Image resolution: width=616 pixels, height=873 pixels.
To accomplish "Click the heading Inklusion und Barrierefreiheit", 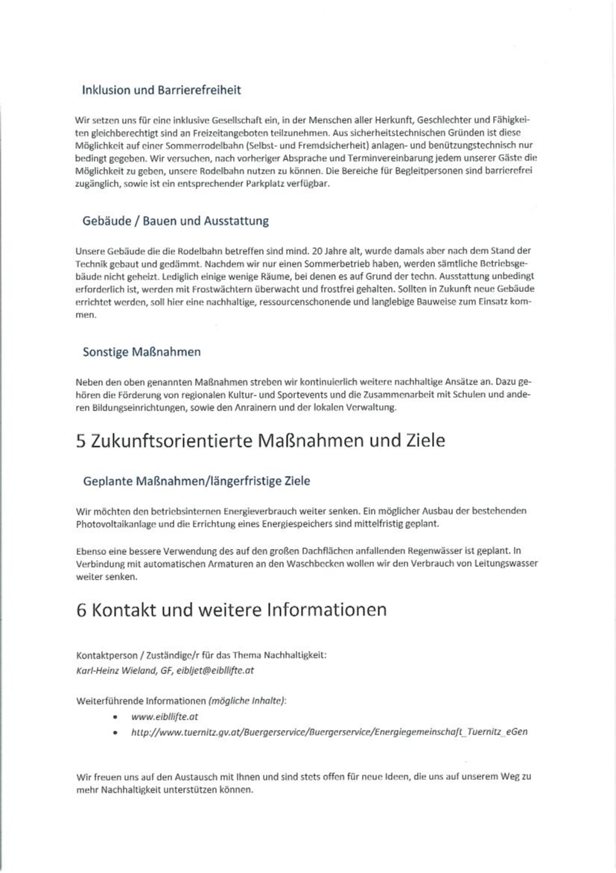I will pos(161,90).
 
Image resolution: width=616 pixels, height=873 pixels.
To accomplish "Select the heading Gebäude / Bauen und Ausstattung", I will pos(175,220).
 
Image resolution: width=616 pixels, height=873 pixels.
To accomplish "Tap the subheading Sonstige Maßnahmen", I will pos(142,351).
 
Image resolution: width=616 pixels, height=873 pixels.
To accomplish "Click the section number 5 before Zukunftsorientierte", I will pos(80,440).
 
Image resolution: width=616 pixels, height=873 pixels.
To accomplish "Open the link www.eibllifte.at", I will pos(164,717).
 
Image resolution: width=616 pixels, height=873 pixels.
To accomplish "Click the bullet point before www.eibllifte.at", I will pos(114,717).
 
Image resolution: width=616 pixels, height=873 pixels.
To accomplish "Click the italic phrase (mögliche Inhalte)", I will pos(247,701).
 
